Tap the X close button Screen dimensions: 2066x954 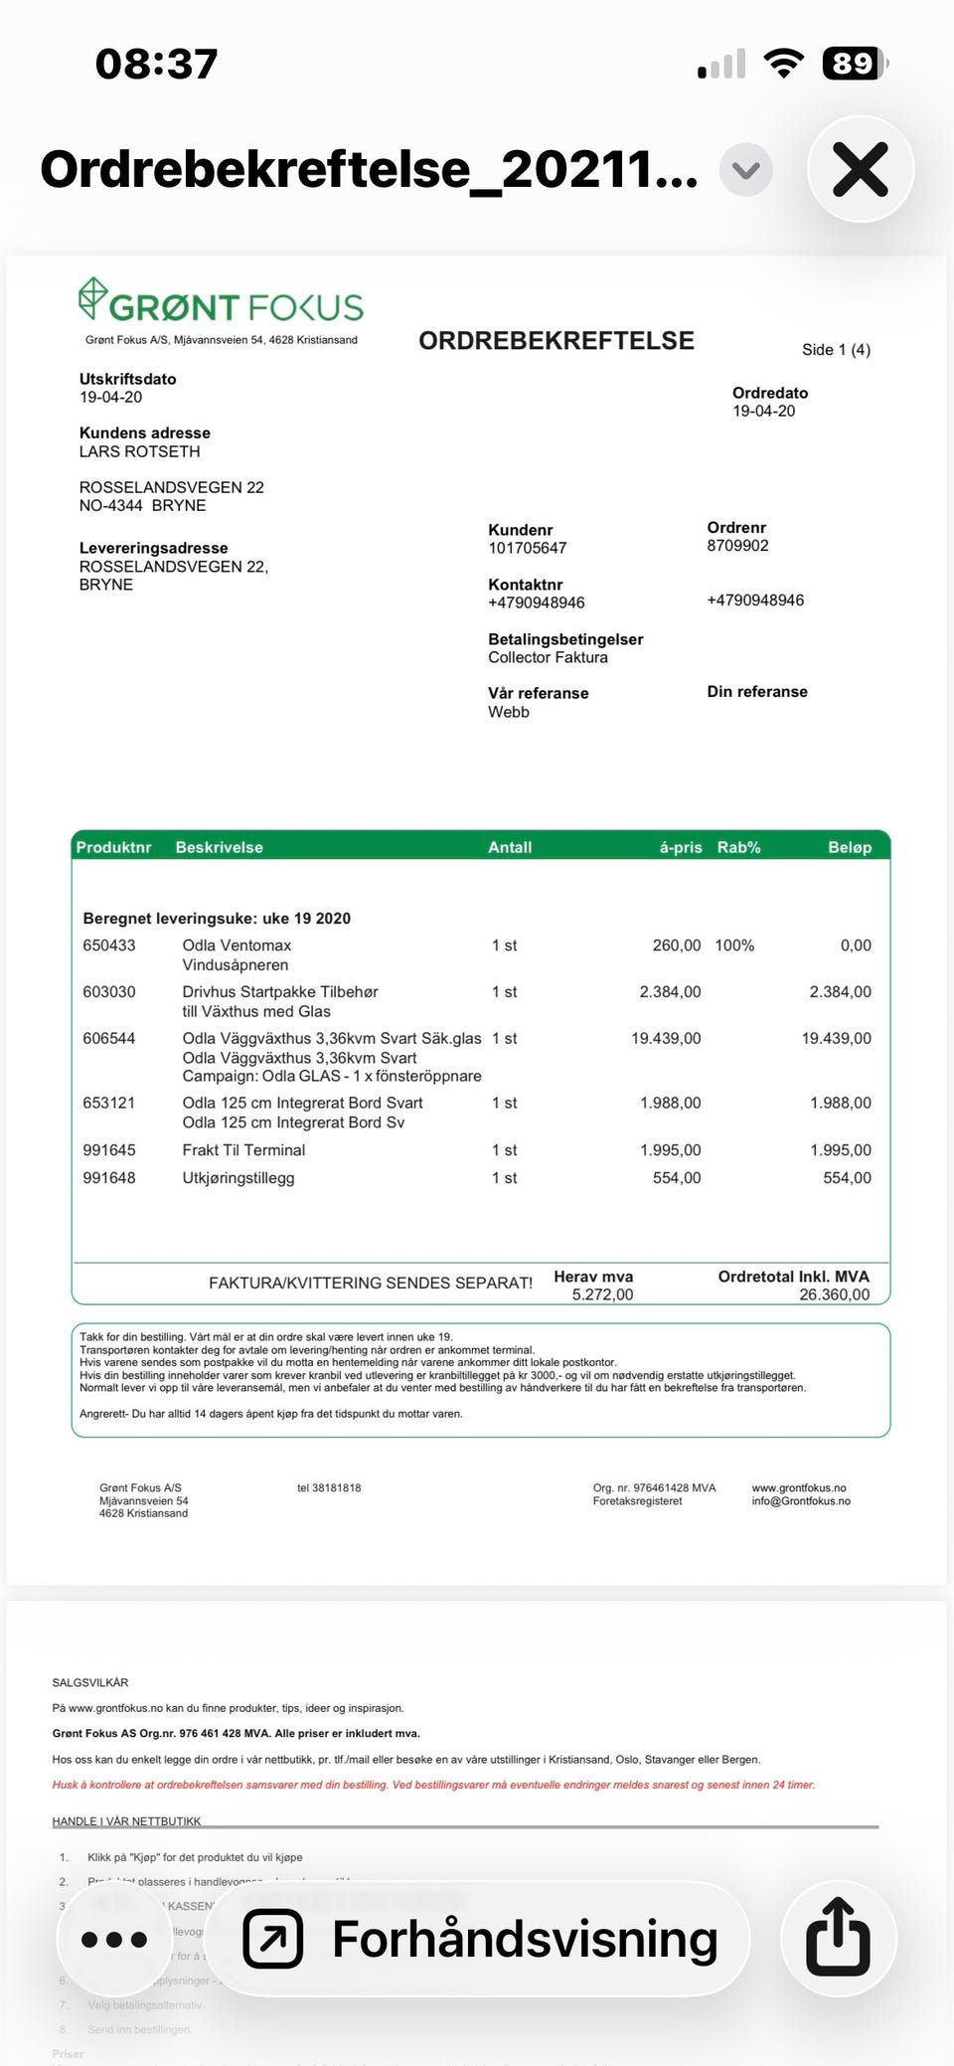(x=860, y=170)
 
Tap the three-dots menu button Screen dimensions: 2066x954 (x=113, y=1938)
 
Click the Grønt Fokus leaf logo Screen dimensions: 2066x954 (x=92, y=298)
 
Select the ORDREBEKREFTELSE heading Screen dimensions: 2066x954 (x=556, y=341)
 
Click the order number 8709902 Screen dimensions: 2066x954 (x=737, y=546)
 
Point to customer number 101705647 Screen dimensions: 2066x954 (x=527, y=548)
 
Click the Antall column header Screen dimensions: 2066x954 (x=510, y=847)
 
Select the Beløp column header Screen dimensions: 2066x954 (x=850, y=847)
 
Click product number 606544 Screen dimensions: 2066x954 (x=109, y=1038)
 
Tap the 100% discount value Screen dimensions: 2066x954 (x=734, y=946)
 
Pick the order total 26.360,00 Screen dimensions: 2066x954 (x=834, y=1294)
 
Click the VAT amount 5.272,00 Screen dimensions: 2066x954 (x=602, y=1294)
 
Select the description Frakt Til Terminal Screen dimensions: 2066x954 (x=243, y=1149)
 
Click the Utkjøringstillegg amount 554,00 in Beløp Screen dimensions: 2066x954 (x=847, y=1177)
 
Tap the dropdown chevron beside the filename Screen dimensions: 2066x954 (x=745, y=171)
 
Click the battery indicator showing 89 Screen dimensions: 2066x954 (x=853, y=64)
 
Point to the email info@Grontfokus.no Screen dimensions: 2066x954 (x=801, y=1501)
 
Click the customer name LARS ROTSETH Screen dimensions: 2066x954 (x=139, y=451)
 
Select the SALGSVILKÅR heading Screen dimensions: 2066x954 (x=90, y=1683)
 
